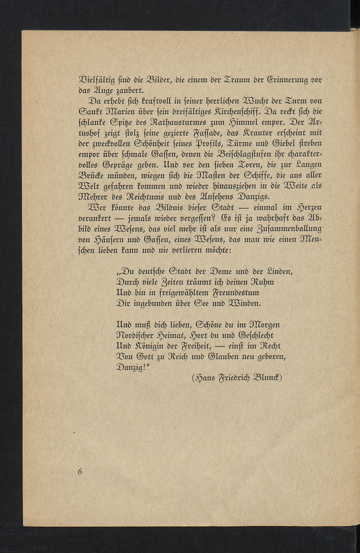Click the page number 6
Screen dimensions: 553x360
[79, 471]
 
